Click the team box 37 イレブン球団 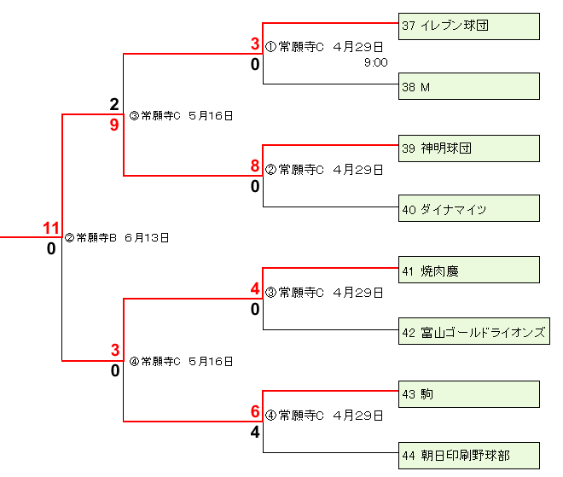click(469, 26)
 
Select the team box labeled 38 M click(469, 86)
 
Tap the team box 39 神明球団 click(469, 148)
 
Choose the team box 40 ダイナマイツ click(469, 209)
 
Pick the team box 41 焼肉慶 click(469, 270)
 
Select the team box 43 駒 click(469, 393)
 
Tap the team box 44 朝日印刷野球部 click(469, 455)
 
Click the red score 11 click(51, 228)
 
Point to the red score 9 click(114, 125)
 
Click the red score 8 click(254, 166)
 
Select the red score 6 click(254, 411)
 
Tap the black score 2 click(114, 105)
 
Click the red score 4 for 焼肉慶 click(254, 289)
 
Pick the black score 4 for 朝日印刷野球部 click(254, 432)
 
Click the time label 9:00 click(375, 62)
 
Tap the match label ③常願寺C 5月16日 click(181, 115)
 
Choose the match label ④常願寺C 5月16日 click(181, 361)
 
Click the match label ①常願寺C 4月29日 click(324, 47)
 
